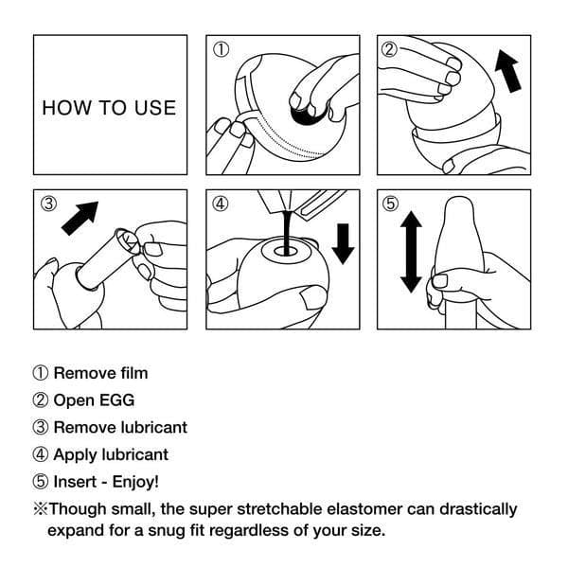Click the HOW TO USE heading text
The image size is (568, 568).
109,107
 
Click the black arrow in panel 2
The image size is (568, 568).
508,73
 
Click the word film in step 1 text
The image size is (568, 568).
131,373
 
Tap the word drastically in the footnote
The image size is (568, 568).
473,508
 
